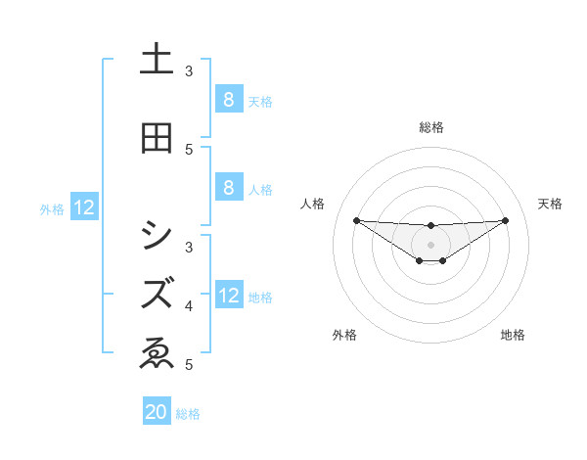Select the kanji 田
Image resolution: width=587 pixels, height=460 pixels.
pos(157,139)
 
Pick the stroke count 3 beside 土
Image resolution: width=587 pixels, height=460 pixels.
pos(189,71)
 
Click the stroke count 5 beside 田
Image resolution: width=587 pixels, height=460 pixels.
pos(189,149)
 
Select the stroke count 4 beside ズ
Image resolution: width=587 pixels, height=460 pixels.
pos(189,306)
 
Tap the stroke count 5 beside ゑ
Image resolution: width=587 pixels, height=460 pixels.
pos(189,365)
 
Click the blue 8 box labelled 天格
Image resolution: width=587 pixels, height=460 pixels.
pos(228,100)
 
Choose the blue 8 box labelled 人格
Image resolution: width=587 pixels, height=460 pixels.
pos(228,189)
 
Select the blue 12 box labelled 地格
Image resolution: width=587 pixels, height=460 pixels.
pos(228,297)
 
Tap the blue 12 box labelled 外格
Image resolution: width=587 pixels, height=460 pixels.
pos(83,207)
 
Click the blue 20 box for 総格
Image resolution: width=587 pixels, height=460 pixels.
pos(157,412)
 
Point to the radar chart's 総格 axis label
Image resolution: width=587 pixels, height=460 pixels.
pos(430,127)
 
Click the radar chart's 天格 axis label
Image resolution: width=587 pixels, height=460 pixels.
pos(550,204)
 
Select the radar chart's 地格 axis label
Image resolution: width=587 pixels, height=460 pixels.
pos(513,335)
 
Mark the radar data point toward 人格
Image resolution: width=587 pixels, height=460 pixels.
pos(356,220)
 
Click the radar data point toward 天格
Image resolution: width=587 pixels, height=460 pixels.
pos(505,220)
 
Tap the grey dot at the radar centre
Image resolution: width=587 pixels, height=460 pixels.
pos(430,244)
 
